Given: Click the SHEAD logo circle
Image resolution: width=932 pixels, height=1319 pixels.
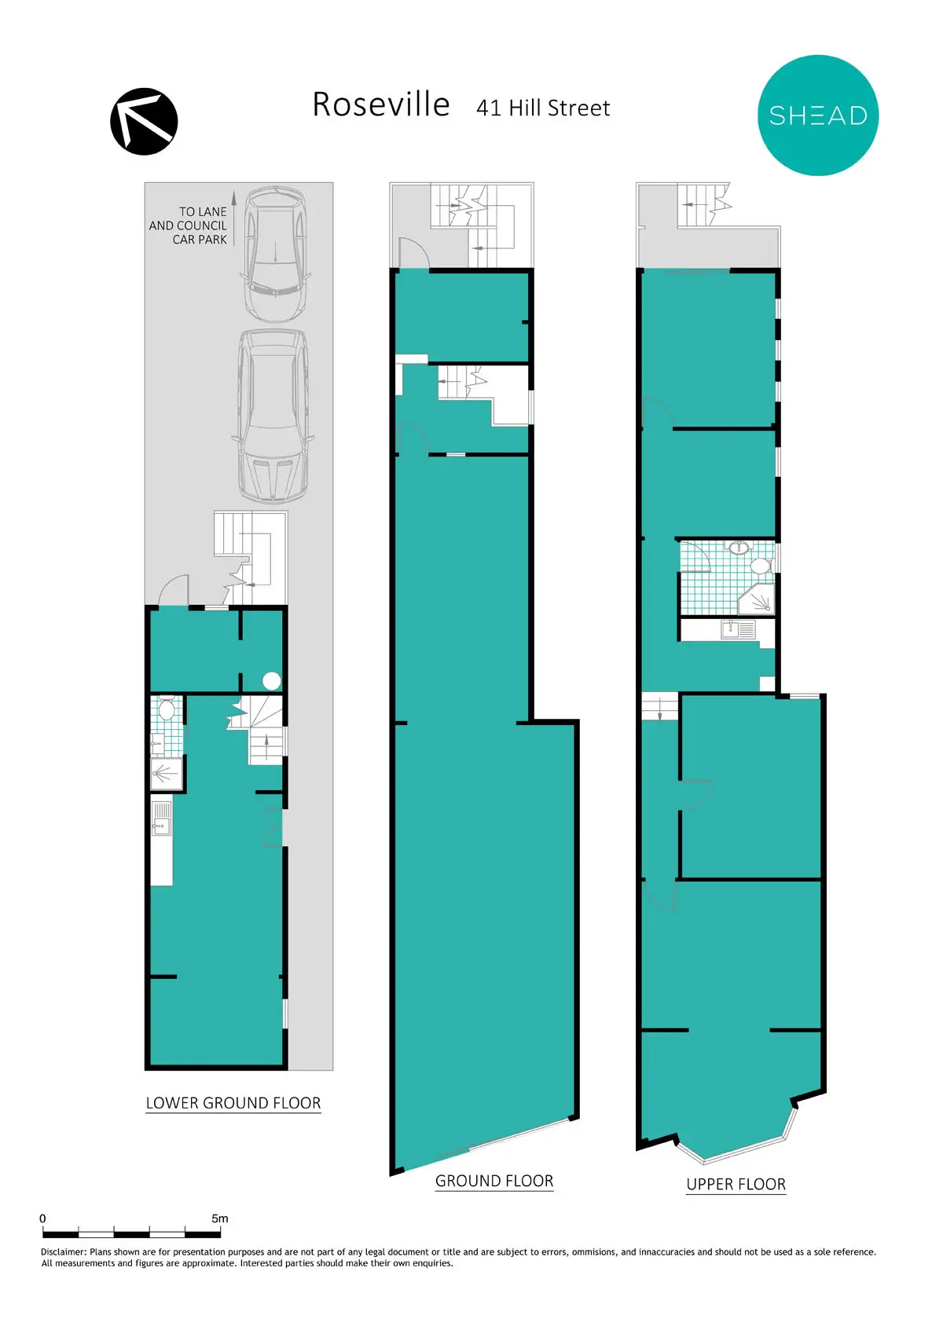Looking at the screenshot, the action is point(818,115).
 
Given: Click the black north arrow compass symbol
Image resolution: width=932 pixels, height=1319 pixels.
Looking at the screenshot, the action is point(144,121).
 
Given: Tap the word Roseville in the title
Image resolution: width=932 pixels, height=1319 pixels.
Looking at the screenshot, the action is point(381,104).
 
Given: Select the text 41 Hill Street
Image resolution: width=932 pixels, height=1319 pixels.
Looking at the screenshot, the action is point(542,108).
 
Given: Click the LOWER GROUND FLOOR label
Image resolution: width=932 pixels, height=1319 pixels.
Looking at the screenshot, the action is point(233,1103).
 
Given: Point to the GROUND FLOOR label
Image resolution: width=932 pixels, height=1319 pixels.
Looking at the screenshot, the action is point(494,1181).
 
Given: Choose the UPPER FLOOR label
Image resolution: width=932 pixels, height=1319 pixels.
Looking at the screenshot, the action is point(736,1184).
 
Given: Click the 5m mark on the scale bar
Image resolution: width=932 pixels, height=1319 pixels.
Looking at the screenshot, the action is point(220,1218).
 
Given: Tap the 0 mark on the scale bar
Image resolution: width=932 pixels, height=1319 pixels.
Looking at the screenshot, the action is point(42,1218).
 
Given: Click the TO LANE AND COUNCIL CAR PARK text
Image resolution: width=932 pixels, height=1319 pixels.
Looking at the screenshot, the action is point(188,225).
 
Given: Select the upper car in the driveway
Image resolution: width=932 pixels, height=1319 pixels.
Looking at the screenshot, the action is point(275,255).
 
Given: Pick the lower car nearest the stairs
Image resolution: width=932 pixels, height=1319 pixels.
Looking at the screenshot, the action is point(273,416).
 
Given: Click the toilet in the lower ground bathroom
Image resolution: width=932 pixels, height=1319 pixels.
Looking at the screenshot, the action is point(166,709).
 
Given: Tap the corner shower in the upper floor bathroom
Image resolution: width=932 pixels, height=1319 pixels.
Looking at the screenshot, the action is point(757,599).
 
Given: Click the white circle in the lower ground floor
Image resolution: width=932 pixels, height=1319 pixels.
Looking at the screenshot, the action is point(272,680).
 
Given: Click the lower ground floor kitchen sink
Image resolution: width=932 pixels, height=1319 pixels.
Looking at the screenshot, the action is point(161,819).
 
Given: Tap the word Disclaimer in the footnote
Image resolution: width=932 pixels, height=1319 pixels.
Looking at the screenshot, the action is point(64,1252).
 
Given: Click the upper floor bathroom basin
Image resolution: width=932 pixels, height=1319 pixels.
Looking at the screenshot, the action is point(739,548).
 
